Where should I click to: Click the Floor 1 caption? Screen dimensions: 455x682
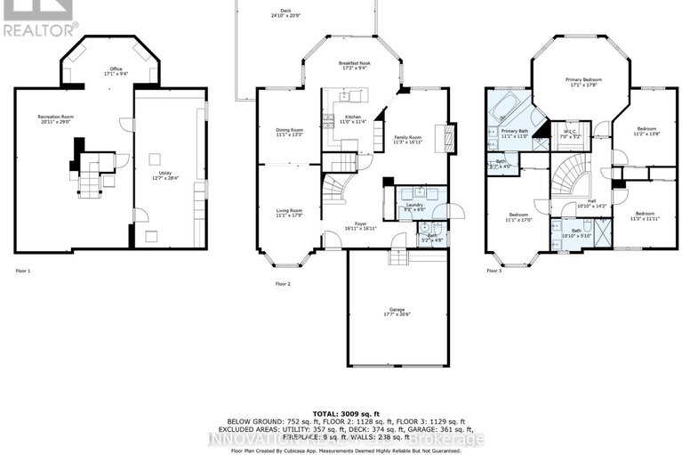tap(23, 270)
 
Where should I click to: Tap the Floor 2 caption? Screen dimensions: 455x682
tap(283, 284)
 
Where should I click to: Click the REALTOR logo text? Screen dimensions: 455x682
tap(39, 29)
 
